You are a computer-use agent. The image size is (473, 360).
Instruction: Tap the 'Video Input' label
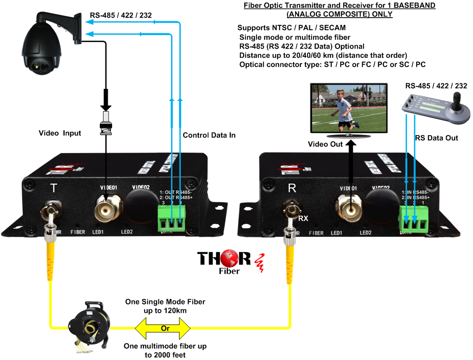click(60, 133)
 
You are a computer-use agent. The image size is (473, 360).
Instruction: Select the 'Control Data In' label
click(209, 135)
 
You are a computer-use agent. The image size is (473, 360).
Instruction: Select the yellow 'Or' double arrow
click(162, 328)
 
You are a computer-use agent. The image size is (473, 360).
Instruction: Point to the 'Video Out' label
click(326, 144)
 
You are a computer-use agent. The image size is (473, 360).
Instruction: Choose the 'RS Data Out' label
click(436, 138)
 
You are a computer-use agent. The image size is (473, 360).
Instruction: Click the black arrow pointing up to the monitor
click(351, 157)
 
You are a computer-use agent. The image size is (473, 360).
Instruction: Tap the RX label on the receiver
click(303, 218)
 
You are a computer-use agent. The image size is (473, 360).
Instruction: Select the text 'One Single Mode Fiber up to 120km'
click(165, 306)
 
